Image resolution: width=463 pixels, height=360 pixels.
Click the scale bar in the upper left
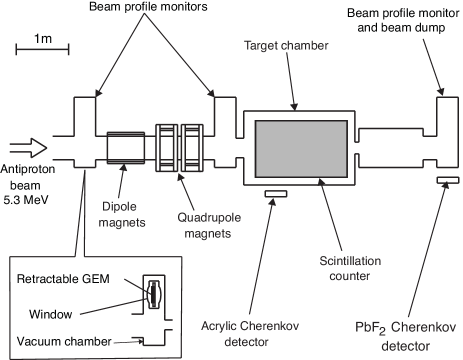(42, 47)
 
